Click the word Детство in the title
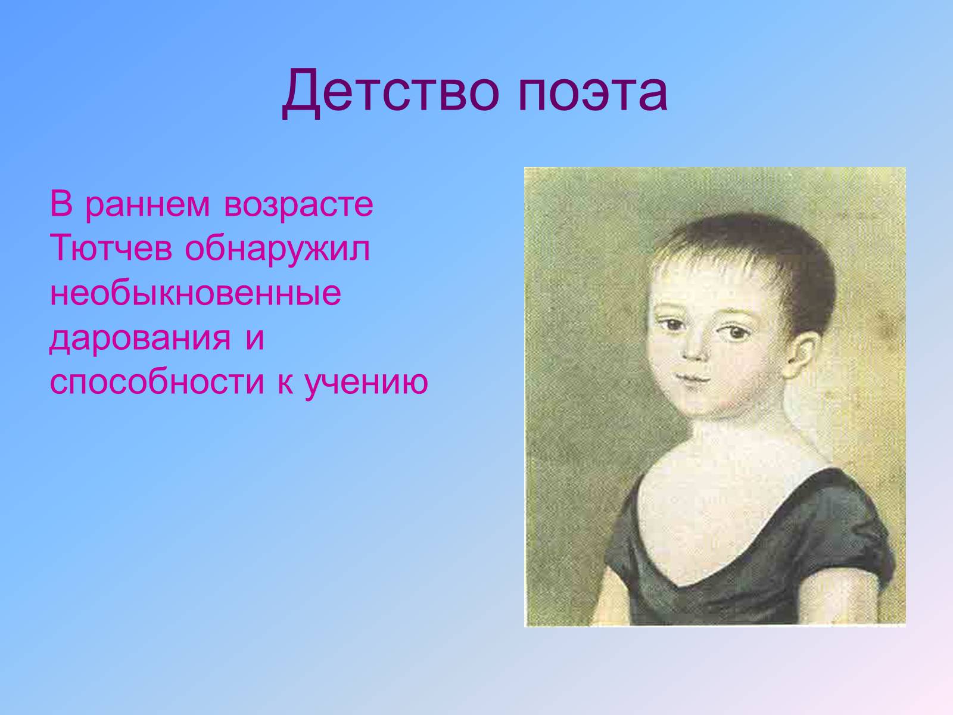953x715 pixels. pos(390,92)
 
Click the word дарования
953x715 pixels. pos(140,338)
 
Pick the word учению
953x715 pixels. pos(366,383)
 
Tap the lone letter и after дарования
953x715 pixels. pos(254,338)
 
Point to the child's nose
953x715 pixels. pos(695,348)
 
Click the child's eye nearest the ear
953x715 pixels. pos(736,332)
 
